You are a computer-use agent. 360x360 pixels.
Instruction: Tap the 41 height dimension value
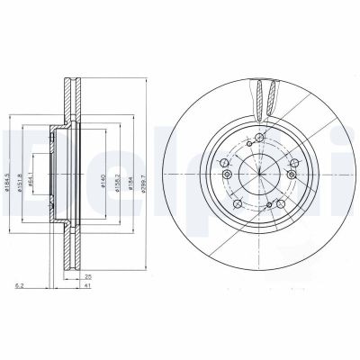(x=88, y=287)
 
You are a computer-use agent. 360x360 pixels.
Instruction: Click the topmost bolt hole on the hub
(x=258, y=137)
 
